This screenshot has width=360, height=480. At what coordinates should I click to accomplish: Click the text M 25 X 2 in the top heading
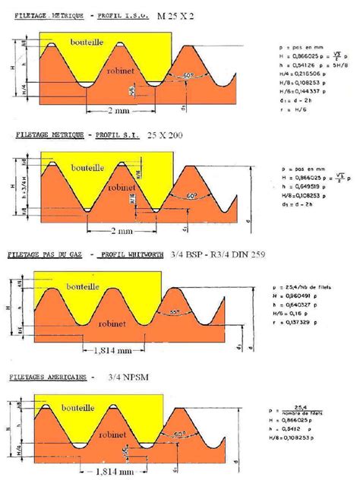[177, 15]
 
